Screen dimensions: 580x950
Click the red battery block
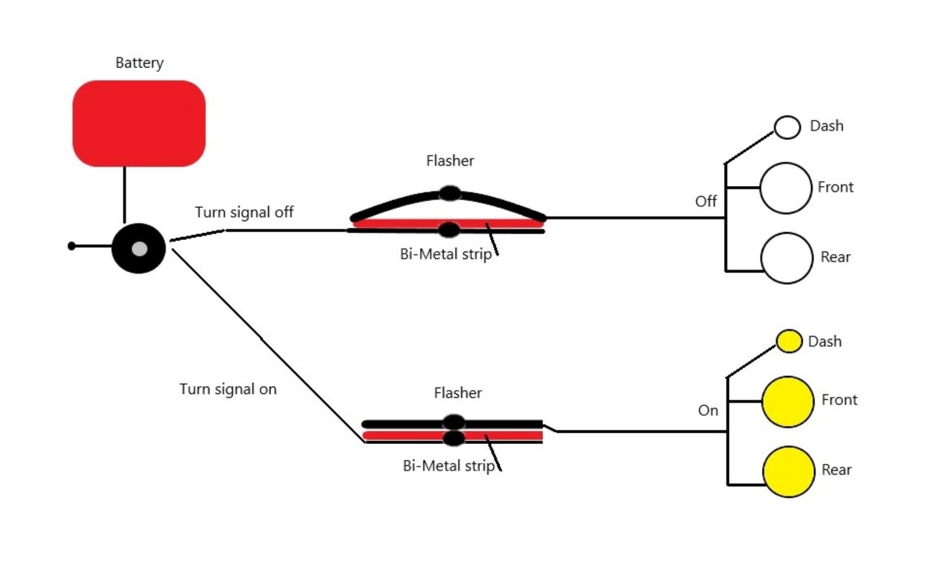[x=139, y=123]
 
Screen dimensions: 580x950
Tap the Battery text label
[x=139, y=63]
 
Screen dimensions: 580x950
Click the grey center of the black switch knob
[x=140, y=249]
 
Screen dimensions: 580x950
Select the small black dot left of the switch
[x=72, y=246]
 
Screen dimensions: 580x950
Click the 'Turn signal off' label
[x=244, y=212]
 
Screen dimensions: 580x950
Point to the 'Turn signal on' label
[x=228, y=389]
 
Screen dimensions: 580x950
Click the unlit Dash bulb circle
[x=787, y=127]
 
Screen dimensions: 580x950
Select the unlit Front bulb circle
[x=785, y=188]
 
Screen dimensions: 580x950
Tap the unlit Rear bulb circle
[x=786, y=258]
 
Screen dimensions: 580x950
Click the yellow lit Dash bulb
[x=789, y=341]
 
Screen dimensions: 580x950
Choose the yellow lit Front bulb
[x=787, y=402]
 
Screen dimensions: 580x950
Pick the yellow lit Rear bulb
[x=789, y=472]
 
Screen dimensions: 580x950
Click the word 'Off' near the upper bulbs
[x=706, y=202]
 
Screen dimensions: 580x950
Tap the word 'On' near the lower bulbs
[x=708, y=411]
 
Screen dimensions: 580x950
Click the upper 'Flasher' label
[x=450, y=161]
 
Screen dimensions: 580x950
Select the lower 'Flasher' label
[x=458, y=393]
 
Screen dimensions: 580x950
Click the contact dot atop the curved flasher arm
[x=450, y=194]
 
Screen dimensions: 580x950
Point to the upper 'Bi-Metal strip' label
[x=445, y=254]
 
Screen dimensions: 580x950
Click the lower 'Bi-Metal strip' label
[x=448, y=466]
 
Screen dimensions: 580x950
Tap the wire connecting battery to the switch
[x=124, y=195]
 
